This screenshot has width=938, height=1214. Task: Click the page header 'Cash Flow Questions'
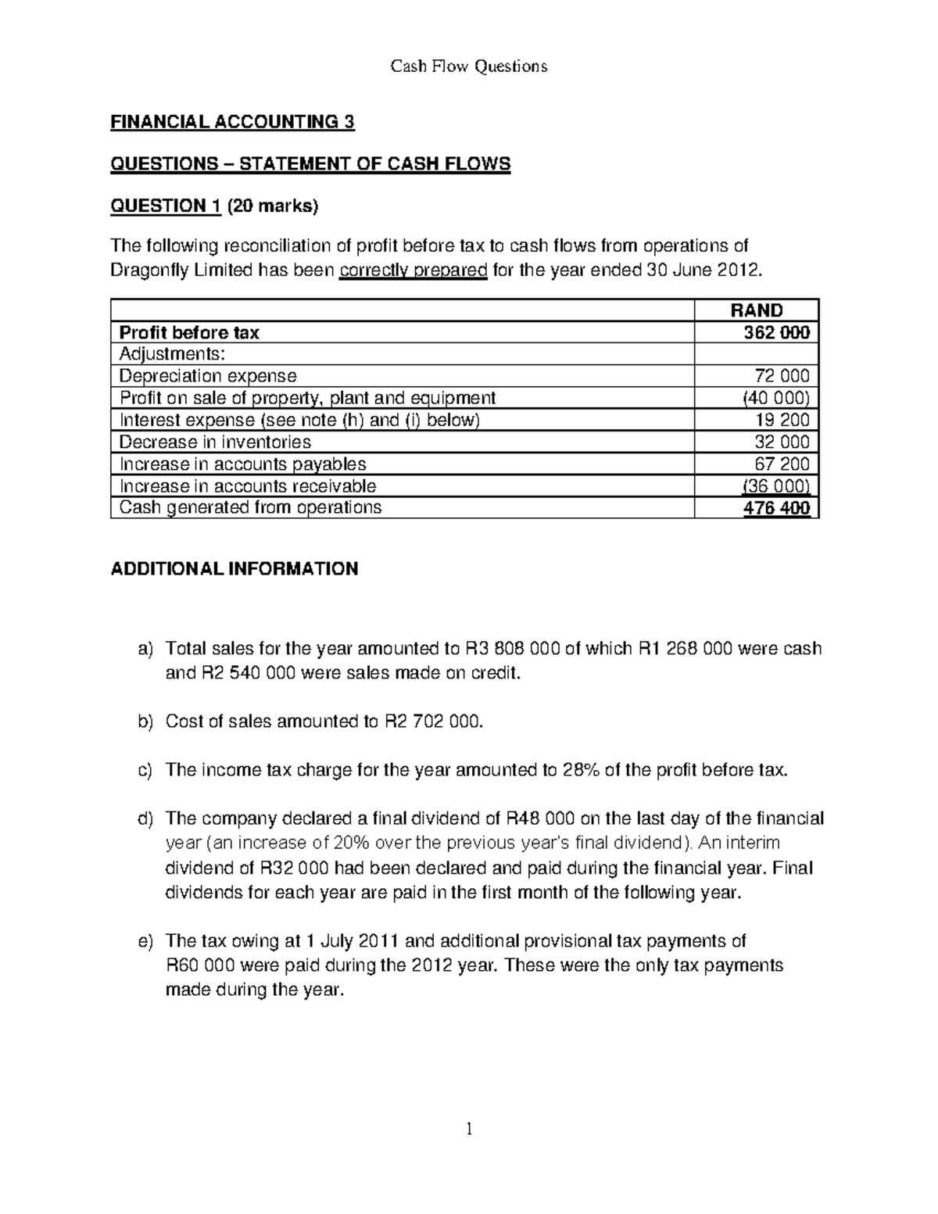(469, 66)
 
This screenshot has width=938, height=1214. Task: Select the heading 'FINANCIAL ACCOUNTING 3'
(233, 123)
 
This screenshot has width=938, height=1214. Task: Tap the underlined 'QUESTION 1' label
(165, 206)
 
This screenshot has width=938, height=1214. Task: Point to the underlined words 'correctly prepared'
(414, 271)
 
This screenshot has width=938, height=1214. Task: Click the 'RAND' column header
(756, 310)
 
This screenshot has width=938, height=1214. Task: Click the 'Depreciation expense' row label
(208, 376)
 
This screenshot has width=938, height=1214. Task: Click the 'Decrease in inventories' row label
(215, 442)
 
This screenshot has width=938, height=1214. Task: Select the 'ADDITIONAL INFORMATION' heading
(234, 569)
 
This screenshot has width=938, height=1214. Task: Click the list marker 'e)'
(145, 941)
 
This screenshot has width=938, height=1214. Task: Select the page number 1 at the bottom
(469, 1129)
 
